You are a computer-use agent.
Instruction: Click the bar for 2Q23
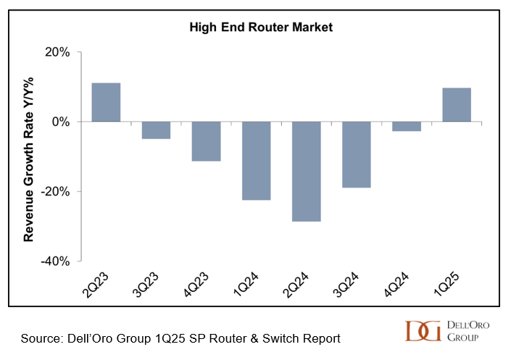106,102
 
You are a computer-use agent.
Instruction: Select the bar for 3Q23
156,130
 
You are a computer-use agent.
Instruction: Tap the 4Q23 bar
206,141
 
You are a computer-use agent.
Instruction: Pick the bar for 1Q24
256,161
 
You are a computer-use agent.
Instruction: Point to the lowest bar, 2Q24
306,172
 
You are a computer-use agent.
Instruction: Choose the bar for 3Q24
356,155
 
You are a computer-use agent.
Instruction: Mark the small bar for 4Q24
406,127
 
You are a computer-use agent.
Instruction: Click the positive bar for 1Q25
456,105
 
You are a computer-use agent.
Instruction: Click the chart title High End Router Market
261,28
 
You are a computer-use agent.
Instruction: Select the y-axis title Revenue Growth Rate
30,158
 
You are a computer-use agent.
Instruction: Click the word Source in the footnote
41,338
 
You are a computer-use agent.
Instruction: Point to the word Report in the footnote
320,338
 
